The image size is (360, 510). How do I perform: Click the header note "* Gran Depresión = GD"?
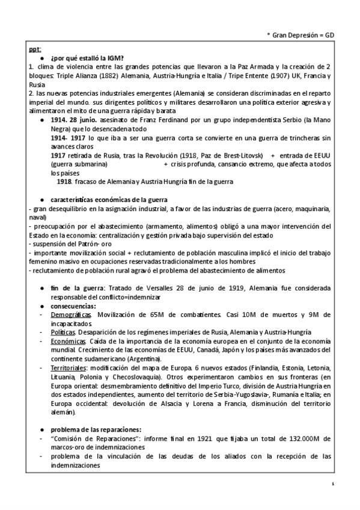pyautogui.click(x=300, y=36)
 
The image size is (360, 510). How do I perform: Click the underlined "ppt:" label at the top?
pyautogui.click(x=35, y=49)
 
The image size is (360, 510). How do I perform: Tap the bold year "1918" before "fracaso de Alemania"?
pyautogui.click(x=64, y=181)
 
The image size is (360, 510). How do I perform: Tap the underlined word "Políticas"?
pyautogui.click(x=63, y=332)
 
